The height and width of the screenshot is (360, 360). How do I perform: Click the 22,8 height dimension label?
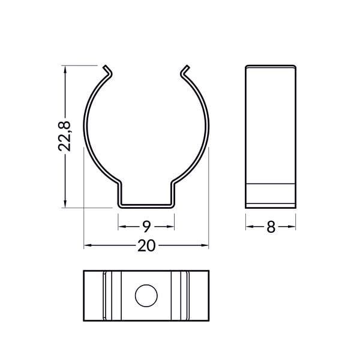(x=65, y=136)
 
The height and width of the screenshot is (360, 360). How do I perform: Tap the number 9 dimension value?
(x=146, y=226)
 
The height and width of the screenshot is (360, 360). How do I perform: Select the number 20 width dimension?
(x=146, y=245)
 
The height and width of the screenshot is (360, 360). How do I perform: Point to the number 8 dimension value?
(x=271, y=227)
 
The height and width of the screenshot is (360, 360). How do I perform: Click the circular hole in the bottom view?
(x=146, y=296)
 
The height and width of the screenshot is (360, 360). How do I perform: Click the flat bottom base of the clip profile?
(x=146, y=206)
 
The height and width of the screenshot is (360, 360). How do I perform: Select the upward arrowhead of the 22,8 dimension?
(x=65, y=69)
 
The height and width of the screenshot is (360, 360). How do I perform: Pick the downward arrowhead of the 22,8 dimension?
(x=65, y=204)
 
